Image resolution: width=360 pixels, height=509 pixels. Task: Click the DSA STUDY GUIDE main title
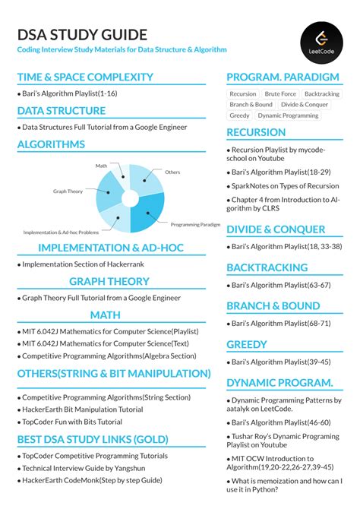point(82,35)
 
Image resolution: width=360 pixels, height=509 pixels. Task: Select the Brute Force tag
point(280,94)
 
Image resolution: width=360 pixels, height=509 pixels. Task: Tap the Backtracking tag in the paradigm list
point(321,94)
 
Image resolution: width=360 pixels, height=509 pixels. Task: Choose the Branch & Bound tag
point(251,105)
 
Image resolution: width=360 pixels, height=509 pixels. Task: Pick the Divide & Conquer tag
point(305,105)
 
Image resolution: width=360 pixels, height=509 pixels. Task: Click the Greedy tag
point(239,115)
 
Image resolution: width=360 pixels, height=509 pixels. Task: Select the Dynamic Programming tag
point(288,115)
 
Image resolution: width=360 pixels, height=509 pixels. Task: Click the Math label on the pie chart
point(101,165)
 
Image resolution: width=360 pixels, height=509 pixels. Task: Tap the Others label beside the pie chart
point(172,172)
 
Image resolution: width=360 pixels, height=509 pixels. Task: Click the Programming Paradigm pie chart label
point(195,225)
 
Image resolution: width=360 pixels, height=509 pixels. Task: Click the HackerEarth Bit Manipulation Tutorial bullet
point(82,409)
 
